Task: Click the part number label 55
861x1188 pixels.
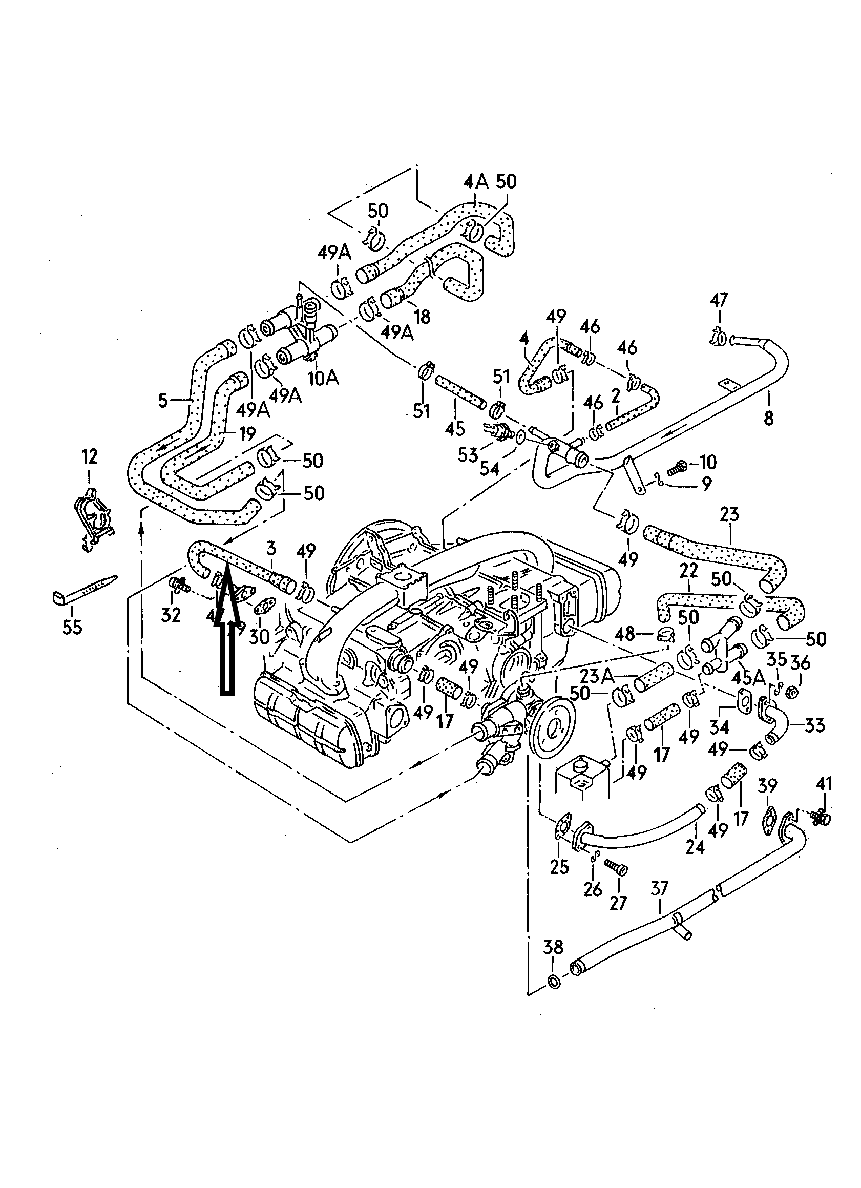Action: coord(72,627)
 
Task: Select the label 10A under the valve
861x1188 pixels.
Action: coord(323,378)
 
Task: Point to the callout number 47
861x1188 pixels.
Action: coord(719,300)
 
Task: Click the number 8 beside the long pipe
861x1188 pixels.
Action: coord(769,419)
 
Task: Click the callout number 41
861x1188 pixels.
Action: coord(824,784)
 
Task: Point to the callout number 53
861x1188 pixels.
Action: coord(468,455)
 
